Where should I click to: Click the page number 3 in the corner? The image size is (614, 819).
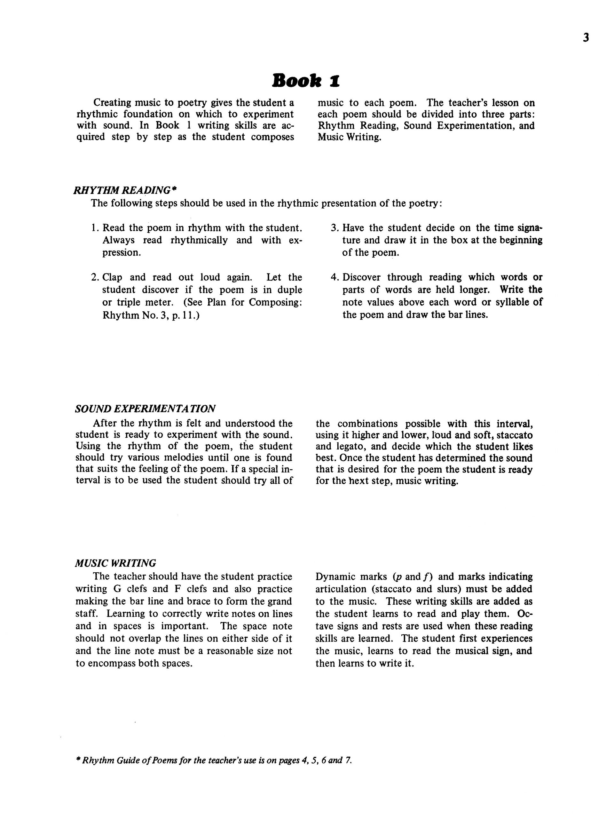coord(586,38)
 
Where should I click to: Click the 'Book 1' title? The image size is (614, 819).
coord(306,81)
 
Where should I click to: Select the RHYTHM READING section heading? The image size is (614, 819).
coord(122,190)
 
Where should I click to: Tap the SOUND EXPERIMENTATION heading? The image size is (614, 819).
coord(145,409)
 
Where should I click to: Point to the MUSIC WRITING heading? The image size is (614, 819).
coord(115,563)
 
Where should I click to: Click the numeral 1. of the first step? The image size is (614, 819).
coord(95,228)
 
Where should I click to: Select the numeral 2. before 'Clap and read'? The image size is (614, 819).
coord(95,277)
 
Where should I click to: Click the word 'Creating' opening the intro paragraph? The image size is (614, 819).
coord(112,103)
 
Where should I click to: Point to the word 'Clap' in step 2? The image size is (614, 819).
coord(112,277)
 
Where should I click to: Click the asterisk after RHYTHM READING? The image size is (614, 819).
coord(174,189)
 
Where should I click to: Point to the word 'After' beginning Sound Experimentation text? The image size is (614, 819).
coord(105,423)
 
